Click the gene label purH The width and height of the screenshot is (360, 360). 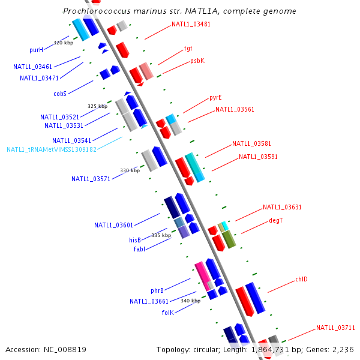click(x=36, y=50)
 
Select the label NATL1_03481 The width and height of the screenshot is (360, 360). click(x=191, y=25)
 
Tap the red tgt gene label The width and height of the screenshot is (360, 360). click(x=188, y=48)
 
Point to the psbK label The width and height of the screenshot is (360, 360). click(x=197, y=61)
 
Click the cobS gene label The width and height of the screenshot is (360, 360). click(x=60, y=94)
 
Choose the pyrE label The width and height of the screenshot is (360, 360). click(x=215, y=97)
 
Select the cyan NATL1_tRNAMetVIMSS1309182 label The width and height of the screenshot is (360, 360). click(x=52, y=149)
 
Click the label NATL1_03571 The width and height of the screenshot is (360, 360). click(x=91, y=179)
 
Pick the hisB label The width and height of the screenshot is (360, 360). click(x=135, y=240)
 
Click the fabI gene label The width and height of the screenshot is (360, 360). click(x=139, y=249)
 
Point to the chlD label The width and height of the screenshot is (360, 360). click(x=301, y=280)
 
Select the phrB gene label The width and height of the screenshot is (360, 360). click(x=157, y=290)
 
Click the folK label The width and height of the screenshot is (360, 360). click(x=167, y=313)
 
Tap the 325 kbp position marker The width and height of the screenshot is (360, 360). click(x=97, y=106)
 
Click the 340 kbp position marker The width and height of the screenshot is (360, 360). click(x=190, y=301)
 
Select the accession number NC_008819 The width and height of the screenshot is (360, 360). click(x=46, y=349)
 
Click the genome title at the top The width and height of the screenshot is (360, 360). click(x=179, y=11)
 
